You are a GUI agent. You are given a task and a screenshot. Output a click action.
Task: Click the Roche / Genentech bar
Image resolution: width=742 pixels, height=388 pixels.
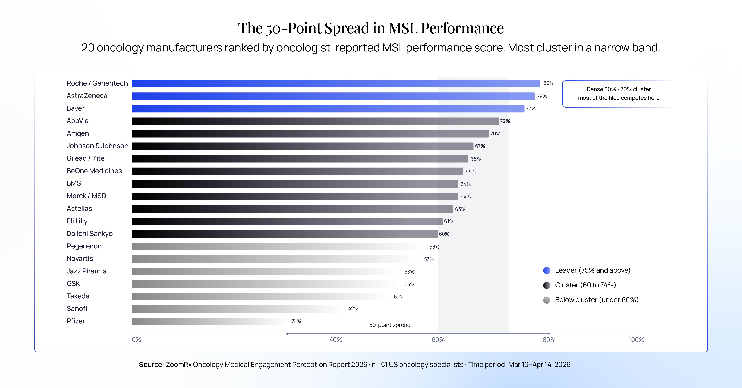tap(336, 83)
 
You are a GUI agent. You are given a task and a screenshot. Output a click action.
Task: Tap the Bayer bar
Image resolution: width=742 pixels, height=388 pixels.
tap(328, 109)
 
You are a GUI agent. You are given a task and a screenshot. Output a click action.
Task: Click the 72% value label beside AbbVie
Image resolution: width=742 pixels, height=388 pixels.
tap(505, 121)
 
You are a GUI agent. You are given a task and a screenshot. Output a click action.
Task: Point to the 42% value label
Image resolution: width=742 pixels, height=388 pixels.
tap(353, 309)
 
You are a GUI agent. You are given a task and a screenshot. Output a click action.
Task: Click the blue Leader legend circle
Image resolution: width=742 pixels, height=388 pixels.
tap(547, 271)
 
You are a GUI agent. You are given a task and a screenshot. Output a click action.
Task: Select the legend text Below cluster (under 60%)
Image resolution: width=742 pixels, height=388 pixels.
tap(597, 300)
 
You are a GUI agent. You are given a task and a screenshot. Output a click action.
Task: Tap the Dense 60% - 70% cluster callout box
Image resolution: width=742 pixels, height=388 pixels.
tap(618, 94)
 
